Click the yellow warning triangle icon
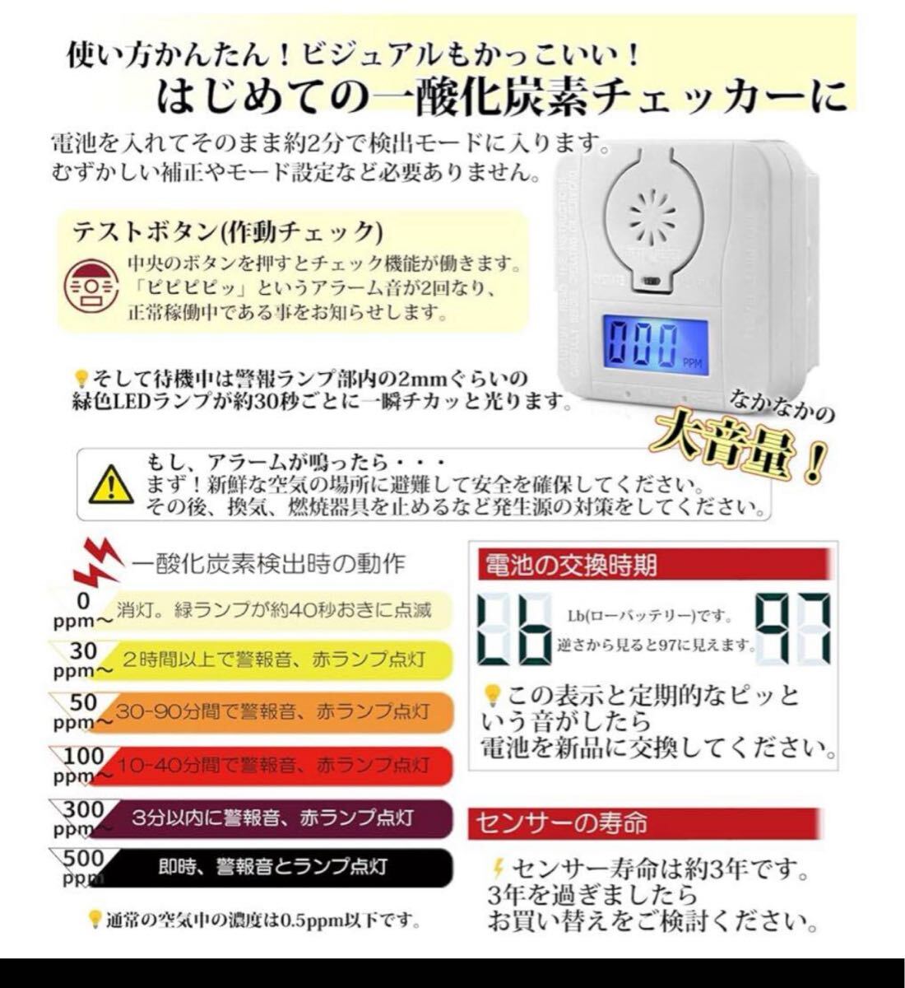tap(110, 484)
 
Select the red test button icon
tap(88, 286)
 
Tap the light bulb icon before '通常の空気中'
tap(95, 918)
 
